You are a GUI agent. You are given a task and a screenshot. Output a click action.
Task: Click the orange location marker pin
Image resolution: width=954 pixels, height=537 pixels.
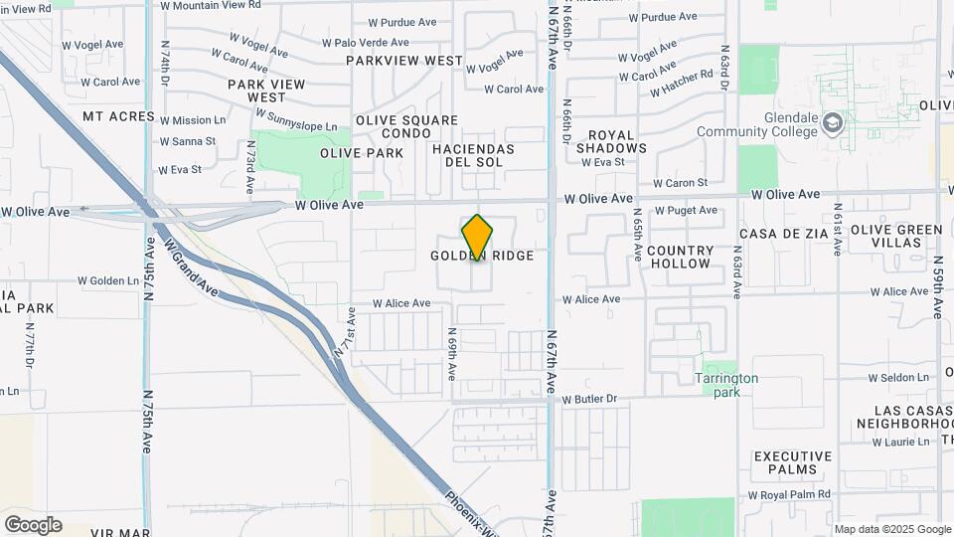click(x=477, y=238)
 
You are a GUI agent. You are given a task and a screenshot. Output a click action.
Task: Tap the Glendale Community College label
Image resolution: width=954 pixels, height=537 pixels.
click(x=757, y=124)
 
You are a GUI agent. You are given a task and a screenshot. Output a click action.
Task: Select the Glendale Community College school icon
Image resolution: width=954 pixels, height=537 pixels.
click(x=833, y=123)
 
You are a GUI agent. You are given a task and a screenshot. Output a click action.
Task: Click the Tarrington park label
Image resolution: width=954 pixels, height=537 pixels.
click(x=726, y=385)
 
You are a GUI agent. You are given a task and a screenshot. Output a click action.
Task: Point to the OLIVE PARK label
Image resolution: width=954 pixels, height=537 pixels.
click(x=362, y=153)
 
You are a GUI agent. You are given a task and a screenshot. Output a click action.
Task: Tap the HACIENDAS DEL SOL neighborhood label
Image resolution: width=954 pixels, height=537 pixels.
click(x=473, y=155)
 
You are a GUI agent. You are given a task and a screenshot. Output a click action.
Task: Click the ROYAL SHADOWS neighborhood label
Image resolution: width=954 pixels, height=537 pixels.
click(x=611, y=141)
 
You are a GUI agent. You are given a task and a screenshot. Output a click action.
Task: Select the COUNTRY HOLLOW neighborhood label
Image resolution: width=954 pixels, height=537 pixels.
click(x=681, y=257)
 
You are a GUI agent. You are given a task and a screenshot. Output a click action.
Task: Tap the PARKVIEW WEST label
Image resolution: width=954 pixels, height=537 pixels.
click(x=404, y=61)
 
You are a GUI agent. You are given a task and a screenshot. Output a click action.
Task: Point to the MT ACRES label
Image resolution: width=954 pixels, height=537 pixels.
click(x=118, y=116)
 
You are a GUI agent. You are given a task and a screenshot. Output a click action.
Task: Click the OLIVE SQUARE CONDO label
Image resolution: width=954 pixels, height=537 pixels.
click(x=393, y=126)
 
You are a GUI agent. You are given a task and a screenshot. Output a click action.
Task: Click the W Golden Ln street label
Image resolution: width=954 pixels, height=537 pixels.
click(x=114, y=280)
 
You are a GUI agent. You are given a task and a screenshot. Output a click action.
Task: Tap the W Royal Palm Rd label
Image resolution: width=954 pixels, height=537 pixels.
click(x=789, y=494)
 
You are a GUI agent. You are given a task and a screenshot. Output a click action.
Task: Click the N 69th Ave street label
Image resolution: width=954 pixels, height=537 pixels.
click(x=451, y=355)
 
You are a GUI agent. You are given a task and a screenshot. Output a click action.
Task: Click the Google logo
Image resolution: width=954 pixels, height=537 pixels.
click(x=33, y=524)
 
